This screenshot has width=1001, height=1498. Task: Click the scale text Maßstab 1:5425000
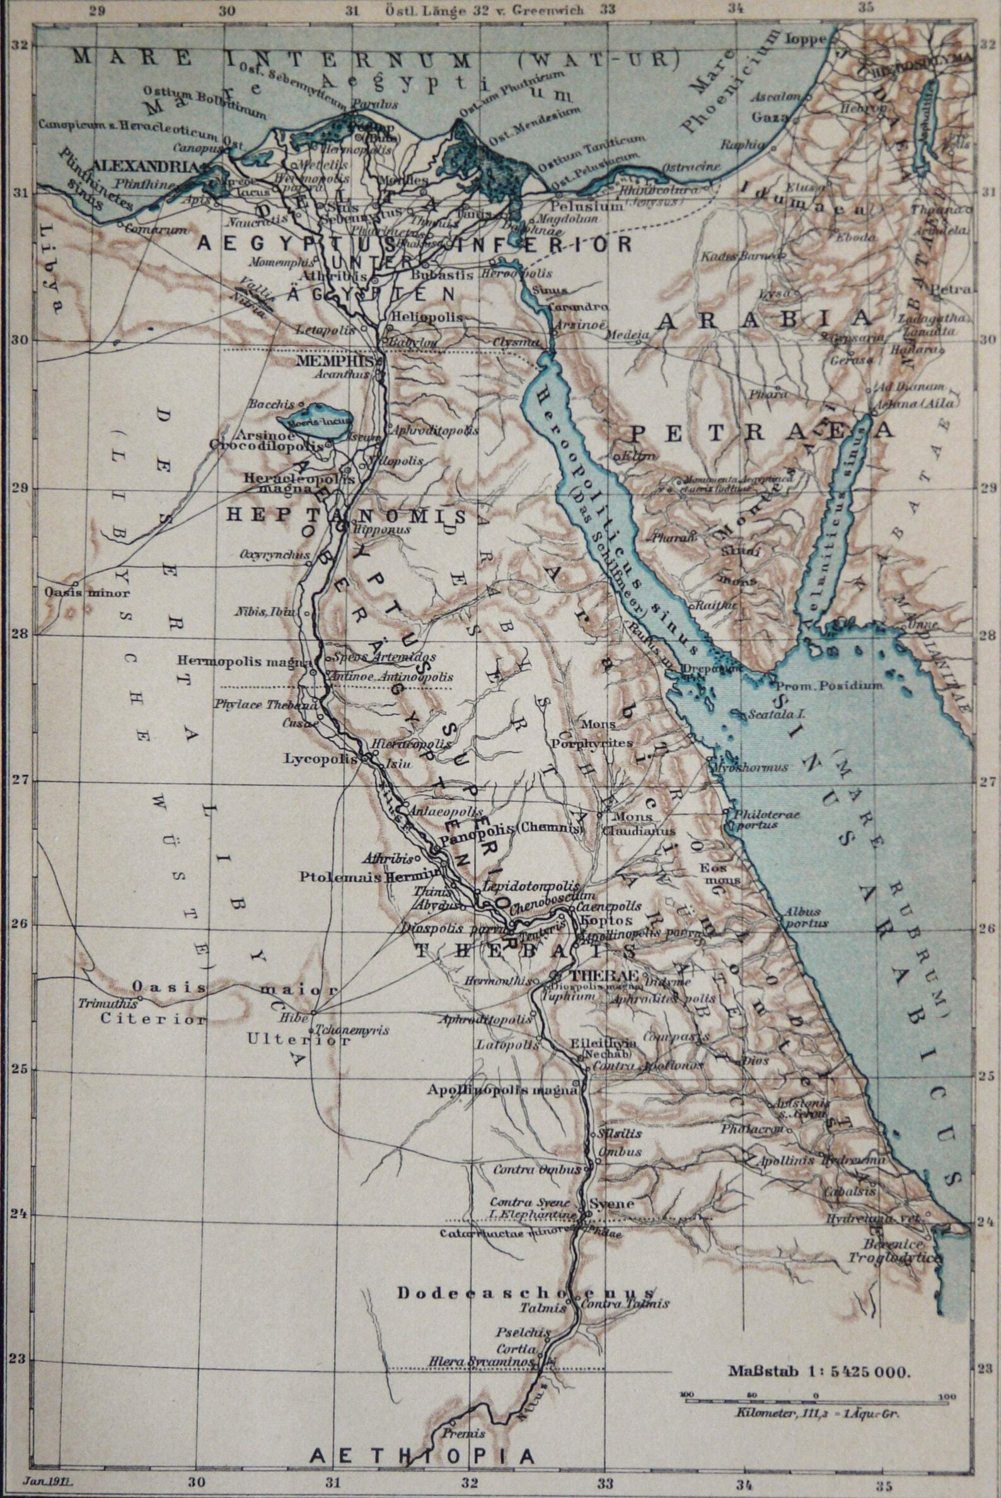[x=818, y=1366]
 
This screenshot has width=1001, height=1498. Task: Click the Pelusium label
[x=577, y=206]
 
